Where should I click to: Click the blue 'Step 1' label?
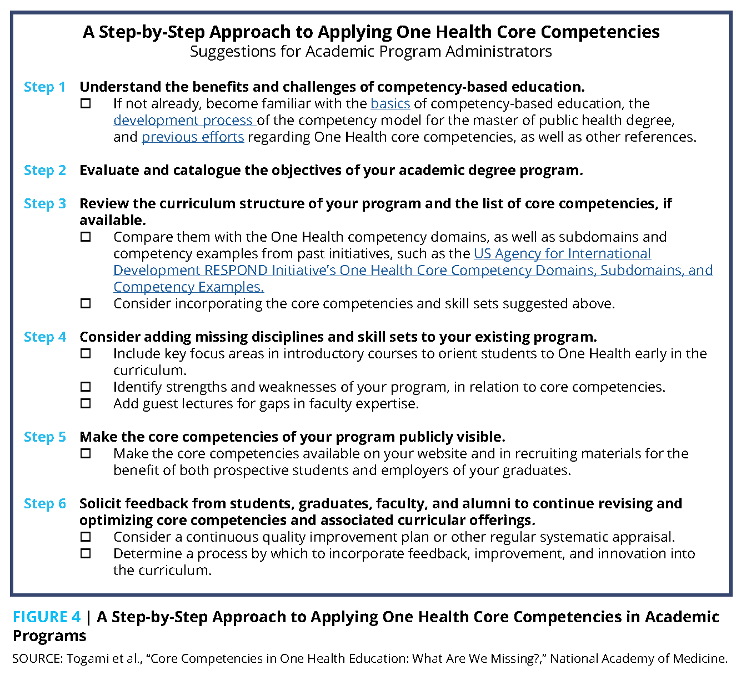[44, 87]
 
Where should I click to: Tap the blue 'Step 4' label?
[44, 337]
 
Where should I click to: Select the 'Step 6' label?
[44, 504]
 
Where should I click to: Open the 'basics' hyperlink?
[390, 104]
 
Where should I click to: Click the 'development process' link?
[183, 121]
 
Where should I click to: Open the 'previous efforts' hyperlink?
[193, 137]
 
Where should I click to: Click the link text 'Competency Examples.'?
[188, 287]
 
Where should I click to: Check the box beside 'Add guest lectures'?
[86, 404]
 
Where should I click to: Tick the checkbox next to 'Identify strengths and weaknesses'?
[86, 387]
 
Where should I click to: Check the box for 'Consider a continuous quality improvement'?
[86, 537]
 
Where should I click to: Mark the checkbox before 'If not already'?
[86, 104]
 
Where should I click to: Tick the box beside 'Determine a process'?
[86, 554]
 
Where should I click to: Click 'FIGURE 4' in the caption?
[47, 617]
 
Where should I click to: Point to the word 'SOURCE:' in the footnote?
[37, 659]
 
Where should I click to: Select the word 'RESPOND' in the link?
[236, 271]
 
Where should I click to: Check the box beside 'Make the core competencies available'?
[86, 454]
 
